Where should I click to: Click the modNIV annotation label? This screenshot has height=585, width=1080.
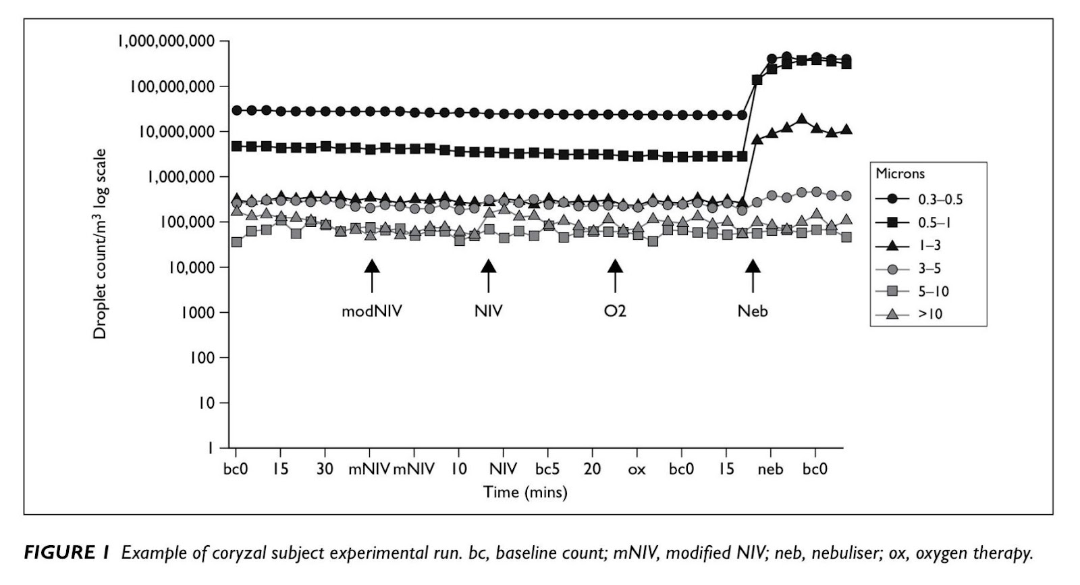point(371,311)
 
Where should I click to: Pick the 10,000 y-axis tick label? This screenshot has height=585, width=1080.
point(191,268)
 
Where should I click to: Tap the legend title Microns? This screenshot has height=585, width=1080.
point(900,174)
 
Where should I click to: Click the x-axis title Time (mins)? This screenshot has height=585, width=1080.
point(525,492)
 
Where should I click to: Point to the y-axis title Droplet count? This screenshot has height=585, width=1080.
point(100,244)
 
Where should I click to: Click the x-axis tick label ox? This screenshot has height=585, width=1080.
point(637,469)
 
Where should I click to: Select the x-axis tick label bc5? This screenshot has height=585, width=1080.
point(547,469)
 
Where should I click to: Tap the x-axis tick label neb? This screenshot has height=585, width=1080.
point(770,469)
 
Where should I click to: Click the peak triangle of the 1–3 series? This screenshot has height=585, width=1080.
point(801,120)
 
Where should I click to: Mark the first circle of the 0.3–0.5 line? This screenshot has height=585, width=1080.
point(237,110)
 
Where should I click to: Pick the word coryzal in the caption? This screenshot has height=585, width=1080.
point(236,553)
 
